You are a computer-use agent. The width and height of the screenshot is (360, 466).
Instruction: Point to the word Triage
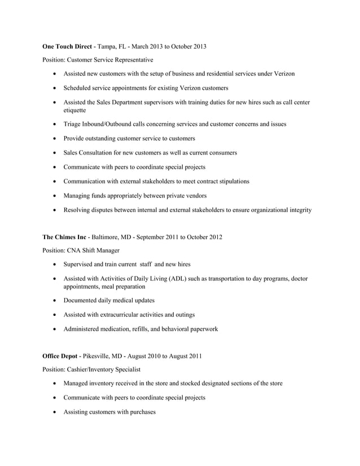coord(73,124)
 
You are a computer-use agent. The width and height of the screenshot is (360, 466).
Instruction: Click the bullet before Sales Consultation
coord(54,153)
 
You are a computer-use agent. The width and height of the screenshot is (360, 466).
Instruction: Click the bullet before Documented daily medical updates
coord(54,301)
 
